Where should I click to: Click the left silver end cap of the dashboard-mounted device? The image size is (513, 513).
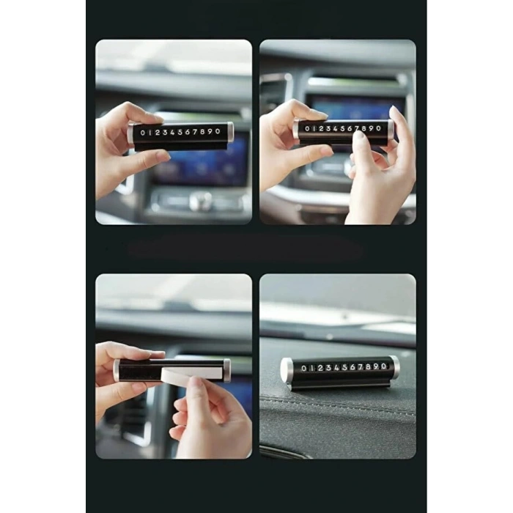tap(286, 370)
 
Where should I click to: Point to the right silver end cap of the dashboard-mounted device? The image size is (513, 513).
tap(394, 366)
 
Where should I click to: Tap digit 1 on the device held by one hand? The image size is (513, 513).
tap(152, 133)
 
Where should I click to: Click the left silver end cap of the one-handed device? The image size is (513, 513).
tap(131, 133)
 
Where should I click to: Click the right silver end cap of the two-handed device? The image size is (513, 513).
tap(391, 130)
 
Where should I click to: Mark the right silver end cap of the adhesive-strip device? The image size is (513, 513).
tap(226, 370)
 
